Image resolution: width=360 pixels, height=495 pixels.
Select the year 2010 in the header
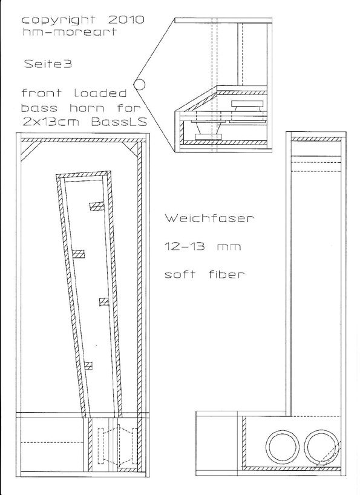(x=126, y=20)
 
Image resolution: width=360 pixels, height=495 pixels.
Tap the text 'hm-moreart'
(x=70, y=32)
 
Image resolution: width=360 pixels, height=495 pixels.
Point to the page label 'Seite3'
(x=48, y=64)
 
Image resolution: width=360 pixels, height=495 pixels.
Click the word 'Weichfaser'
(x=209, y=218)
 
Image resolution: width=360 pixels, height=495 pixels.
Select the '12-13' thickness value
(x=185, y=246)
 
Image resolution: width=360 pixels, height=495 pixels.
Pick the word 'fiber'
(x=227, y=274)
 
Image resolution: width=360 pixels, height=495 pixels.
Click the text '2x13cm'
(x=50, y=122)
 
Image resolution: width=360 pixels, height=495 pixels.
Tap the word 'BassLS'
(x=120, y=122)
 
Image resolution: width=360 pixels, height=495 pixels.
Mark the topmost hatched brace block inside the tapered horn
(x=97, y=206)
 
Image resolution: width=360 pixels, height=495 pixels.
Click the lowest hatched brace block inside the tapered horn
(x=89, y=366)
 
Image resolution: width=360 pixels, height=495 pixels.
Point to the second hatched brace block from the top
(x=79, y=254)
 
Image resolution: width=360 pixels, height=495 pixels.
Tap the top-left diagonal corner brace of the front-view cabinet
(x=30, y=151)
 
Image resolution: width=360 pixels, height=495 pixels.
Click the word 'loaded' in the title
(x=100, y=93)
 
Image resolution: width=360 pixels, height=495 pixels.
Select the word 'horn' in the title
(x=87, y=108)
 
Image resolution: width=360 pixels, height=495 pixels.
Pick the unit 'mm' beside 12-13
(x=229, y=247)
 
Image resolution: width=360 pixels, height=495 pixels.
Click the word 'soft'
(x=180, y=274)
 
